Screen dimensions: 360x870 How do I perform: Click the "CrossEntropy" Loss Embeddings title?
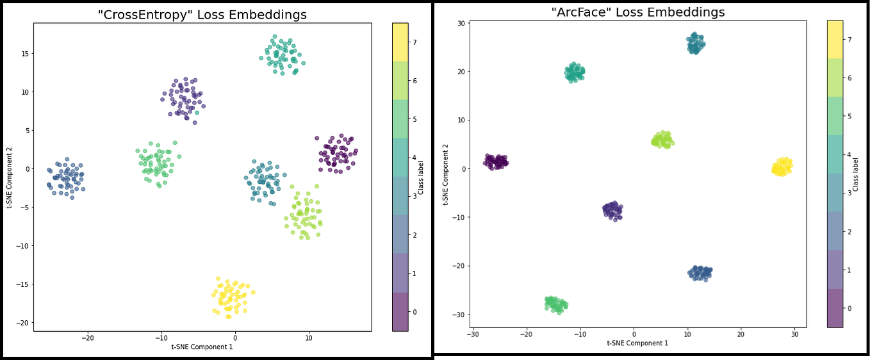pos(202,15)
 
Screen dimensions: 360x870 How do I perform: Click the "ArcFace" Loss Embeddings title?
pos(637,12)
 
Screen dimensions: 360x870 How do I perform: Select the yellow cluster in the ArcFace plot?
pos(782,167)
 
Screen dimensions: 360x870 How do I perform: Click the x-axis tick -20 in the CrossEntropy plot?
pos(88,338)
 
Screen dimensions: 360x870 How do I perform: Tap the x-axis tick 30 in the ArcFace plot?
pos(794,334)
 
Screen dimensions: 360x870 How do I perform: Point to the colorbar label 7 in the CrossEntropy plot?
pos(415,42)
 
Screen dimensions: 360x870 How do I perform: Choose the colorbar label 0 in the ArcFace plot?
pos(850,308)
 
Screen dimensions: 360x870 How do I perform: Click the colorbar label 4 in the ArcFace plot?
pos(850,154)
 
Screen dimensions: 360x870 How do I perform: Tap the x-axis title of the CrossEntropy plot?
pos(202,347)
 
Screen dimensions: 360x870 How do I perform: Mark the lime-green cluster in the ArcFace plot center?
pos(662,139)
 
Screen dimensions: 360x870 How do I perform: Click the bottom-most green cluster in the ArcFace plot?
pos(555,304)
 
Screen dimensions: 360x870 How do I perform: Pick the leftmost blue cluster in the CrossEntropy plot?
pos(66,179)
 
